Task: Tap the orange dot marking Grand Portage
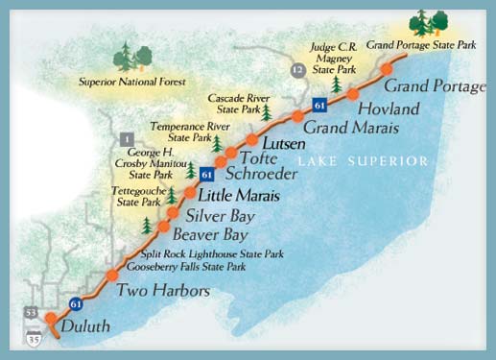[x=387, y=69]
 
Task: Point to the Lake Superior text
[x=362, y=161]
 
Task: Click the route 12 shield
[x=298, y=71]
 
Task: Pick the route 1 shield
[x=126, y=141]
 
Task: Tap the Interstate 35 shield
[x=35, y=337]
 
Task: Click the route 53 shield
[x=33, y=314]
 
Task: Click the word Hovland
[x=389, y=108]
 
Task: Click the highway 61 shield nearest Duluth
[x=76, y=304]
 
